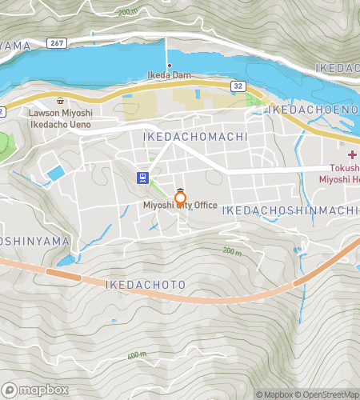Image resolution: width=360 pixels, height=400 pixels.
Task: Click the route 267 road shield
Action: (x=55, y=42)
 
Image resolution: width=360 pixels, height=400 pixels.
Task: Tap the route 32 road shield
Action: (x=238, y=84)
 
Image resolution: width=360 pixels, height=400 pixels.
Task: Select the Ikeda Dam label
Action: (x=169, y=76)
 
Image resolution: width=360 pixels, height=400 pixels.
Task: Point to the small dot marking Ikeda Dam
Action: (x=169, y=66)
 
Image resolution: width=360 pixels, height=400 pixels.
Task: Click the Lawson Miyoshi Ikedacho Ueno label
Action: (x=62, y=118)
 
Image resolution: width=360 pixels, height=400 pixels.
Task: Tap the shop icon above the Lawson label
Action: (x=61, y=102)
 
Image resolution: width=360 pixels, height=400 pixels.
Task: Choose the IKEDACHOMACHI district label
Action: (x=194, y=138)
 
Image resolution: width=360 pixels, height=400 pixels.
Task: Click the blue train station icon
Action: (x=142, y=177)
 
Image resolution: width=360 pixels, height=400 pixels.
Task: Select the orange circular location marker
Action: (x=181, y=198)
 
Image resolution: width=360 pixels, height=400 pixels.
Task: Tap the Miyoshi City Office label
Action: (x=180, y=206)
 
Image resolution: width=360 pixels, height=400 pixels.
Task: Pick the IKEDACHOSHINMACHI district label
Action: (x=290, y=210)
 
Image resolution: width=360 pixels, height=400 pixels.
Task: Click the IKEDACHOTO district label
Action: (x=146, y=285)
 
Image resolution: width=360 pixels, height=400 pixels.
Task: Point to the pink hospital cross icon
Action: (x=352, y=154)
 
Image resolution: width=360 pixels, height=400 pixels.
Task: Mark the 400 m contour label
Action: (x=137, y=354)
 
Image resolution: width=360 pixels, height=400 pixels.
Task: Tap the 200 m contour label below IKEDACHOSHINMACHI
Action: (x=232, y=251)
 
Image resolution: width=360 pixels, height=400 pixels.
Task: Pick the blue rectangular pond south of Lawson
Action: (x=56, y=173)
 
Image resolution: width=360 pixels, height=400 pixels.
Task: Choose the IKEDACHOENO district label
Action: (x=312, y=108)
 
